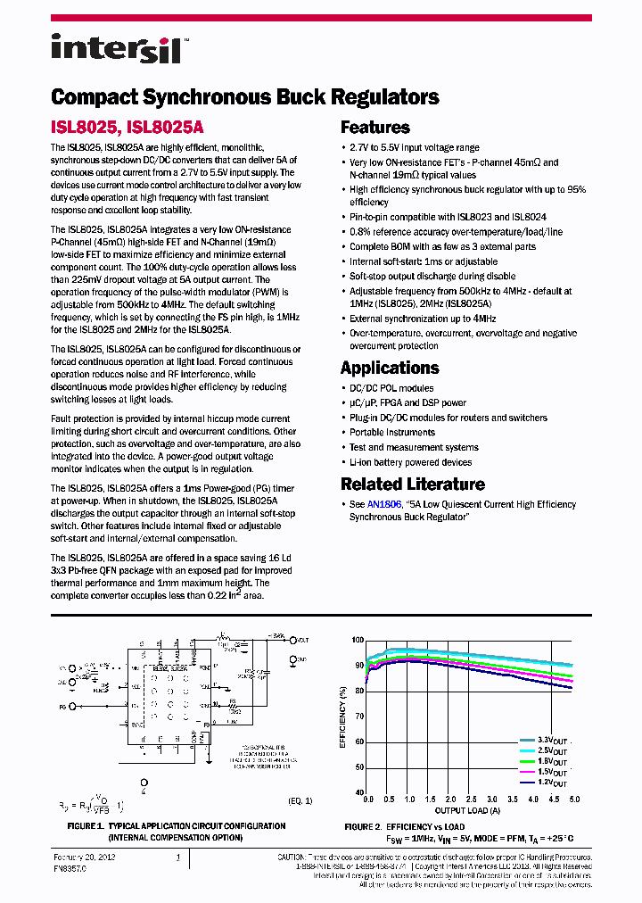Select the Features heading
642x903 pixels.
point(375,128)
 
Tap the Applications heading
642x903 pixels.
point(390,368)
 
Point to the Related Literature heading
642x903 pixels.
point(413,485)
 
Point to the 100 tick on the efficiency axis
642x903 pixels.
point(358,641)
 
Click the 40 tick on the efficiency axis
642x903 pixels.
point(360,792)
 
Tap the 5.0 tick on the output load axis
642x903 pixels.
point(574,800)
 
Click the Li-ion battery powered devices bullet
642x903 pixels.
point(410,462)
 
